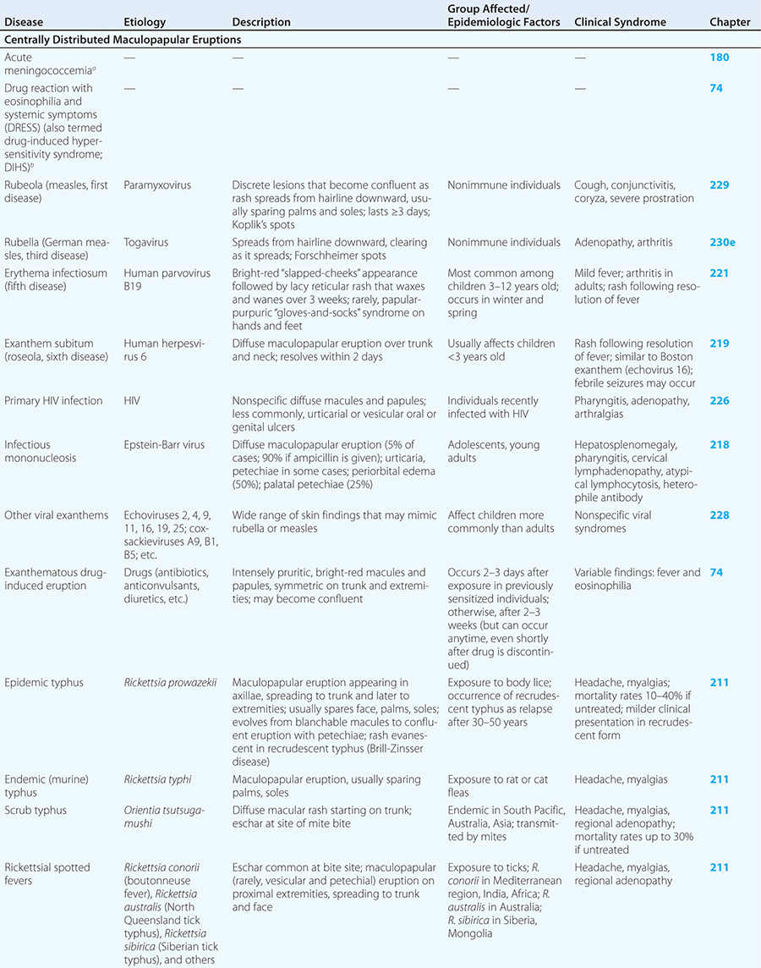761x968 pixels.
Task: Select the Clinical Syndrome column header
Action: point(620,22)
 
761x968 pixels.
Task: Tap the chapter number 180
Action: point(719,58)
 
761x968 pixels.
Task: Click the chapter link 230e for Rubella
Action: point(722,242)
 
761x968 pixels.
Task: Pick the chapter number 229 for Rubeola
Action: point(719,184)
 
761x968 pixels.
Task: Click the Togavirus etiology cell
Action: point(145,242)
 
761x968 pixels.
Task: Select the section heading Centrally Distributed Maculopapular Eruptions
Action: point(123,40)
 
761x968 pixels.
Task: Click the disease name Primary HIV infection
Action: point(53,400)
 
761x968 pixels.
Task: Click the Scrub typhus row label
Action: point(36,810)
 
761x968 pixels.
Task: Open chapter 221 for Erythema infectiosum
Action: point(719,273)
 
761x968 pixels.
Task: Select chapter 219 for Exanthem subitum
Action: point(719,344)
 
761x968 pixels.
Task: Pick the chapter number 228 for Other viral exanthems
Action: point(719,515)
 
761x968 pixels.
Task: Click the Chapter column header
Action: point(730,22)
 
